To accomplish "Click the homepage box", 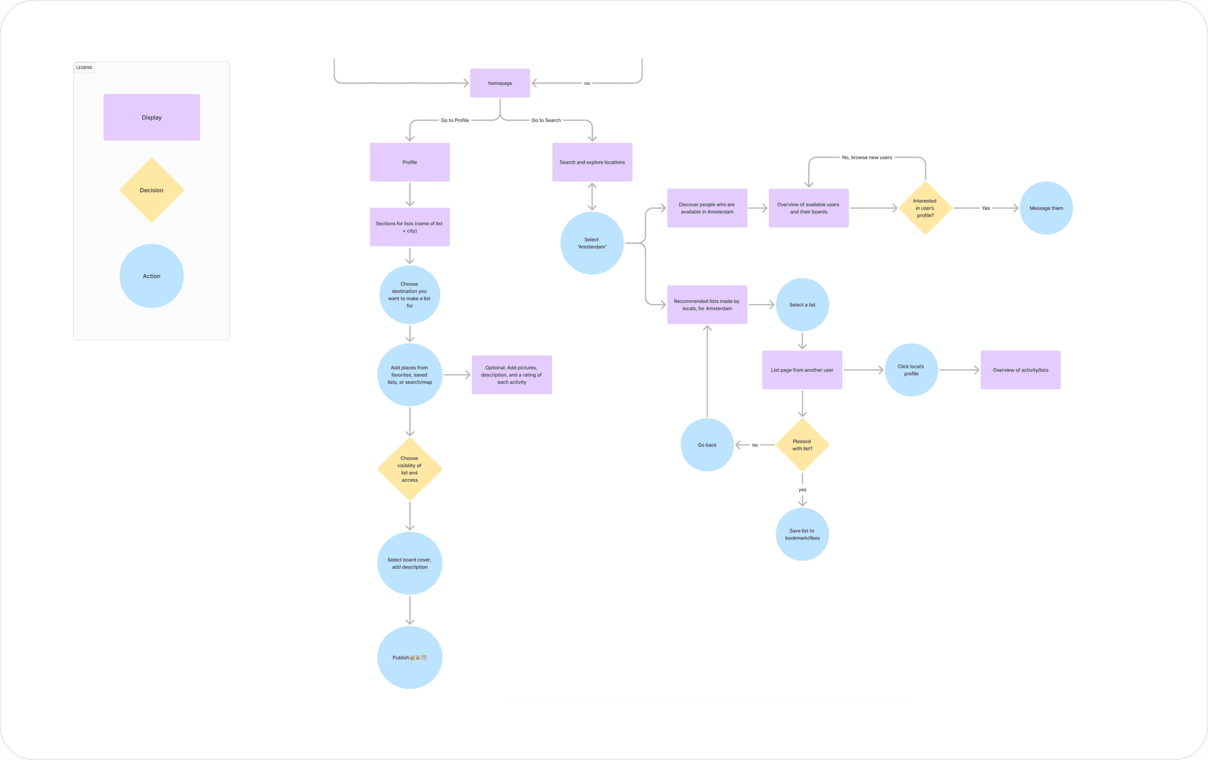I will coord(500,83).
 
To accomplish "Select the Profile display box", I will coord(409,162).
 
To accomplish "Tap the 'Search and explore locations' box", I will coord(592,162).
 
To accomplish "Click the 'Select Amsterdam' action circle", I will coord(592,243).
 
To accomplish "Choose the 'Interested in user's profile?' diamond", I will coord(925,208).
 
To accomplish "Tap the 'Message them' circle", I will coord(1046,208).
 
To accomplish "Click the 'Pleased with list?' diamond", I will coord(802,445).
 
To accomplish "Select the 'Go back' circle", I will coord(707,445).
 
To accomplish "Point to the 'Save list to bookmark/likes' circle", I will coord(802,534).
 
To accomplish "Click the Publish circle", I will coord(409,657).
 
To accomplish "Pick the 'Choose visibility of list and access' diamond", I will coord(409,469).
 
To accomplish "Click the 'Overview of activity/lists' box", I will coord(1020,370).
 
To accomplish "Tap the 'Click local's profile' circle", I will coord(911,370).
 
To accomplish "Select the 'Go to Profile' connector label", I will coord(455,120).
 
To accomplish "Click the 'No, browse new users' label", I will coord(867,157).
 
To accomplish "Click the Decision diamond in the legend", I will coord(152,190).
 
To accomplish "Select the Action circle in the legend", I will coord(152,276).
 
